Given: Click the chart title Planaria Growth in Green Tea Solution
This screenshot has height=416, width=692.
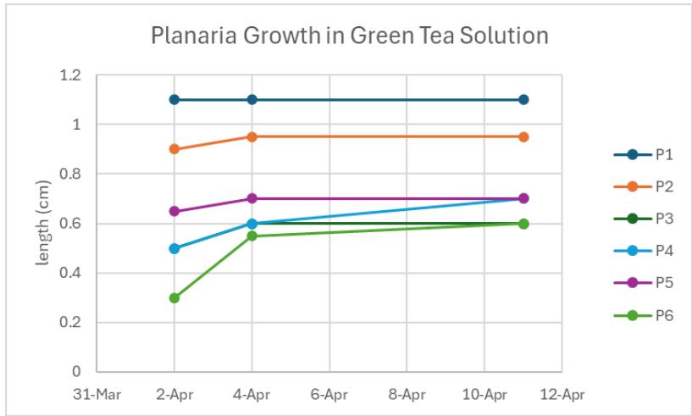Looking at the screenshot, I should [x=349, y=36].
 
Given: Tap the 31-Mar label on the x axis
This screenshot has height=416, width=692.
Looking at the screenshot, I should [x=97, y=394].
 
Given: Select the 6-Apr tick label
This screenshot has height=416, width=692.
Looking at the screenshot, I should [x=329, y=394].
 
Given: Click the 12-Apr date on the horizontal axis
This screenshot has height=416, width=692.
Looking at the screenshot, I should [x=562, y=394].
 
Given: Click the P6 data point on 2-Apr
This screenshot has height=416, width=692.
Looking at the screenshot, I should [x=174, y=298].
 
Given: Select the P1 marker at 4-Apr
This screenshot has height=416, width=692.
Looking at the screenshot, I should [x=252, y=100].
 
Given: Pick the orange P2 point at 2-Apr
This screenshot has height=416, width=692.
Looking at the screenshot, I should [x=174, y=149].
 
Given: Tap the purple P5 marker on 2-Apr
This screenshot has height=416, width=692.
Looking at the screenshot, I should [x=174, y=211].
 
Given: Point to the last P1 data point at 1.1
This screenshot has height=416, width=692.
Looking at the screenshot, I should [x=523, y=100].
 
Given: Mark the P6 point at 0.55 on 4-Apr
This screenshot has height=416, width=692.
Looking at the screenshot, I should [x=252, y=236].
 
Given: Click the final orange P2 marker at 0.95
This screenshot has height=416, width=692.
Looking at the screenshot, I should [x=523, y=136].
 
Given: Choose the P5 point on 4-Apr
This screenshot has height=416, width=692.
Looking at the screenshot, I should [x=252, y=198].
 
